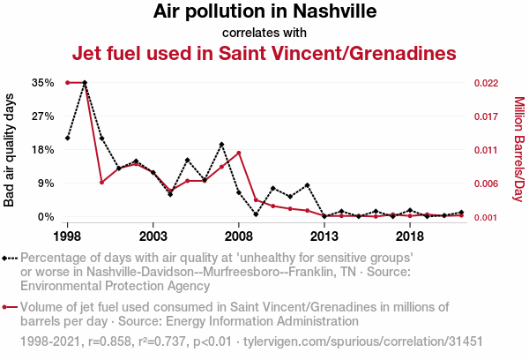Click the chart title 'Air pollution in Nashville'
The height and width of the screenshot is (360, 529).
[x=264, y=12]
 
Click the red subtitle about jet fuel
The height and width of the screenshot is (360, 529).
[x=264, y=53]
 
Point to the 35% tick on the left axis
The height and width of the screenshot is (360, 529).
[x=42, y=82]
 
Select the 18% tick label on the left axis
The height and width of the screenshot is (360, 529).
[x=42, y=149]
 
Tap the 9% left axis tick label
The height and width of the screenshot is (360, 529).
[x=45, y=183]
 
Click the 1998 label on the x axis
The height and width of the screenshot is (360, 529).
[x=67, y=236]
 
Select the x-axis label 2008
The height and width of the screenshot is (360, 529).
[x=239, y=236]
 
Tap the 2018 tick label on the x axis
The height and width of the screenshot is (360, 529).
[x=410, y=236]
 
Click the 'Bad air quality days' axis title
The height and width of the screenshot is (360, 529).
[x=11, y=149]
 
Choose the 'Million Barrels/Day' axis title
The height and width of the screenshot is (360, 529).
[x=518, y=149]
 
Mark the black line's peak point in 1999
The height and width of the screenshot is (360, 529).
[x=85, y=82]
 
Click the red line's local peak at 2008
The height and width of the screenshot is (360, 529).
[x=239, y=153]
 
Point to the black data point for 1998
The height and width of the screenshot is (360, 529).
[x=67, y=139]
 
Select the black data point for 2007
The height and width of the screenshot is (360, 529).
[x=221, y=144]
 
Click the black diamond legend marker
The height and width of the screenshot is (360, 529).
[x=6, y=258]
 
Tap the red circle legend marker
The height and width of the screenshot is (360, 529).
[x=6, y=307]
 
